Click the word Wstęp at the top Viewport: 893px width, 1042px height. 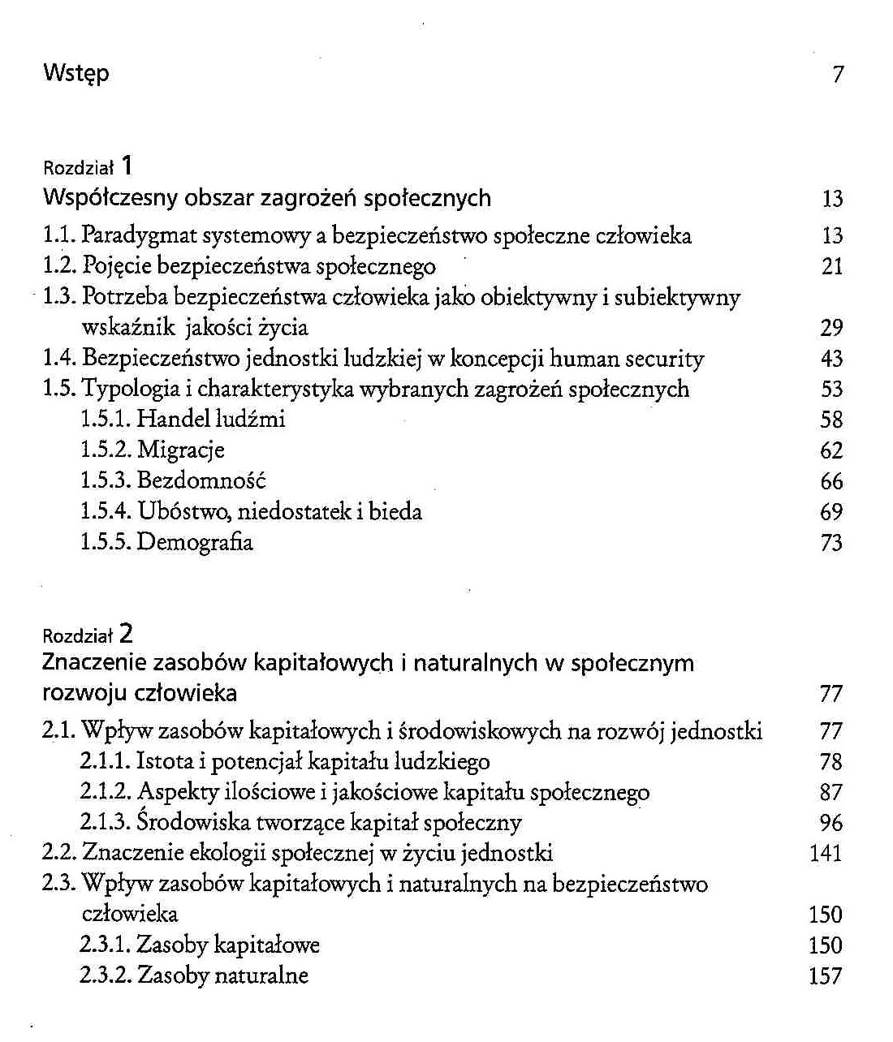[75, 74]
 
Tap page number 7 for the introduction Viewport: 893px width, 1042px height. [838, 75]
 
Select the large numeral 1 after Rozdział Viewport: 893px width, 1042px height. [127, 166]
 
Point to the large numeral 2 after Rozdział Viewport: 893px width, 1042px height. [126, 632]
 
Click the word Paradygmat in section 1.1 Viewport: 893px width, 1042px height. [140, 236]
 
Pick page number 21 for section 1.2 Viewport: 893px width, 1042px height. [832, 267]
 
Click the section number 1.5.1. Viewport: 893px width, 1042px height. [106, 420]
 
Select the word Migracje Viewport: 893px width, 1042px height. [180, 450]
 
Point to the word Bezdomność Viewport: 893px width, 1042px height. [201, 480]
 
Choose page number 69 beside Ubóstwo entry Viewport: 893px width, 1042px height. [832, 512]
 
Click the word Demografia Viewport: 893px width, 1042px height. [195, 542]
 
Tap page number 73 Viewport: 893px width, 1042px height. [832, 543]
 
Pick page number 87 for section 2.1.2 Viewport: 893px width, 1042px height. [832, 793]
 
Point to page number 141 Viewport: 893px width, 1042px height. [826, 854]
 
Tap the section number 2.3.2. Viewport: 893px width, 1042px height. [106, 975]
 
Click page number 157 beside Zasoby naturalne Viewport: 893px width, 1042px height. [826, 976]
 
